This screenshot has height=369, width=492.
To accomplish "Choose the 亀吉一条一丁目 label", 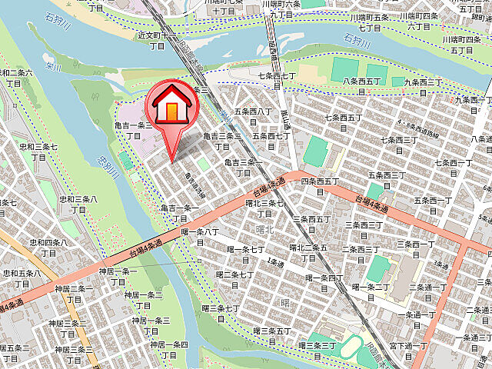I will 180,213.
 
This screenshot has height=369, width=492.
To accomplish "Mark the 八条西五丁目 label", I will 363,85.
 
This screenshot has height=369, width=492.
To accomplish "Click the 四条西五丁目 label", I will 320,186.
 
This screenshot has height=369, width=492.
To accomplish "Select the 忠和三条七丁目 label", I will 38,151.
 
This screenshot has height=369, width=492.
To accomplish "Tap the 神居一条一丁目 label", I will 118,277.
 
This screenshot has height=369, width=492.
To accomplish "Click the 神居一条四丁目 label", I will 170,349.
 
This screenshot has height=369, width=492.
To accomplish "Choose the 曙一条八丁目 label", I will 200,236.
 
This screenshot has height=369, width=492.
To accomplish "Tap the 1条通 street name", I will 271,261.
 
